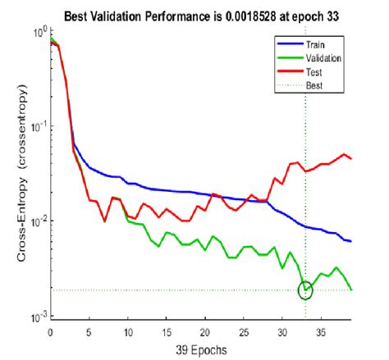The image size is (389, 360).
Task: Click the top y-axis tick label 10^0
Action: [37, 31]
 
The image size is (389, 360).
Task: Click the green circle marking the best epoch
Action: [305, 289]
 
